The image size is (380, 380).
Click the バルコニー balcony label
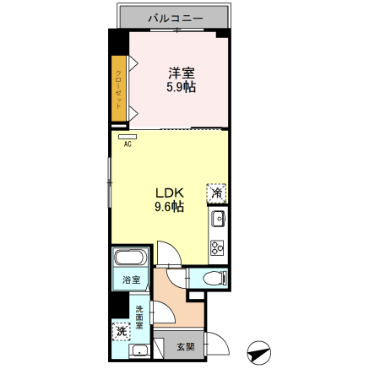[x=175, y=16]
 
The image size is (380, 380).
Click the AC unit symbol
[x=128, y=135]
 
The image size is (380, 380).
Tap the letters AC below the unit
[x=128, y=144]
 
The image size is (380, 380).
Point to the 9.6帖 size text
[x=169, y=206]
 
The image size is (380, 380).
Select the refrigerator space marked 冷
[x=217, y=193]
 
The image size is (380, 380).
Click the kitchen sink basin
[x=217, y=220]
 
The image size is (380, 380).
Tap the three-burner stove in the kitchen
[x=217, y=247]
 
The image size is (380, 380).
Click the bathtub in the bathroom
[x=131, y=259]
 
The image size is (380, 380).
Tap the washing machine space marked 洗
[x=122, y=332]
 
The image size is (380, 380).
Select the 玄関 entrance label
[x=186, y=346]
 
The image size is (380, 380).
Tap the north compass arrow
[x=258, y=352]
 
